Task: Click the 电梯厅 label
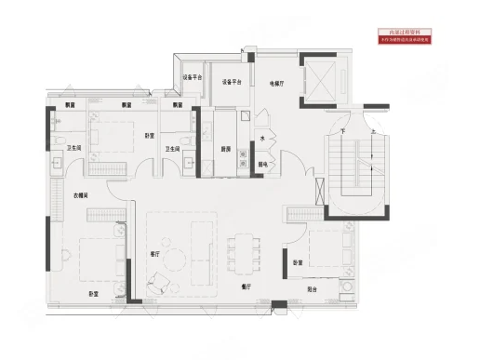pos(275,83)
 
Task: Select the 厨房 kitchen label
pos(225,149)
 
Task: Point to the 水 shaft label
pos(263,139)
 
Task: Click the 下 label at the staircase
pos(343,133)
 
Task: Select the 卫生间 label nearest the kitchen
pos(173,148)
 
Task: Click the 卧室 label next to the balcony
pos(298,262)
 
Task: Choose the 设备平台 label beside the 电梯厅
pos(232,83)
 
